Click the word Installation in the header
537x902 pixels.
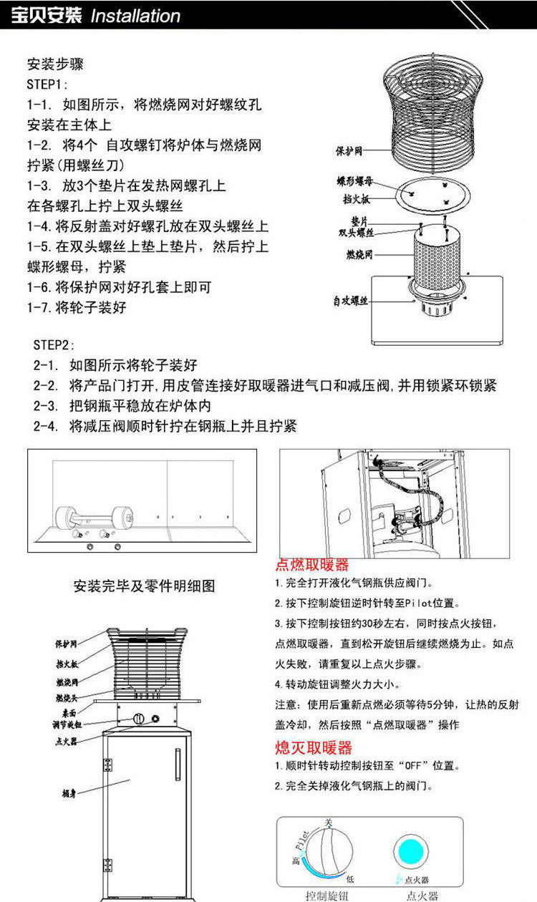tap(135, 16)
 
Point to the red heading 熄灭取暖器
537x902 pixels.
tap(314, 747)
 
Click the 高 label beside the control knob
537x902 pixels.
tap(296, 860)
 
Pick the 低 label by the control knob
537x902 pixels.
tap(349, 878)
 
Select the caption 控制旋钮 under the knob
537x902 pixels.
tap(326, 896)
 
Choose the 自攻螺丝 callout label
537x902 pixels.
tap(350, 301)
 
